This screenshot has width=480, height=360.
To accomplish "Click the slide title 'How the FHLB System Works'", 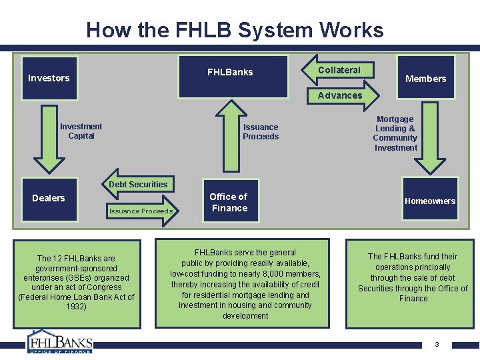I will coord(235,30).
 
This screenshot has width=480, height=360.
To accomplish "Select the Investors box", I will coord(49,78).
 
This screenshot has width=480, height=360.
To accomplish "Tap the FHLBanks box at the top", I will coord(230,72).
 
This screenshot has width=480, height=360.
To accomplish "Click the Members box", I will coord(425,78).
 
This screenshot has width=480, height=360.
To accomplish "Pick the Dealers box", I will coord(49,198).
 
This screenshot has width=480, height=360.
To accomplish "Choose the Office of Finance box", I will coord(229,202).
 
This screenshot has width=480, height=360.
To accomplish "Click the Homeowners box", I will coord(430,201).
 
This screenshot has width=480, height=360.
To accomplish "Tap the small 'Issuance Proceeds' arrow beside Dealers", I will coord(142,211).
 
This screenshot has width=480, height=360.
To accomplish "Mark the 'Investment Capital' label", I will coord(81,131).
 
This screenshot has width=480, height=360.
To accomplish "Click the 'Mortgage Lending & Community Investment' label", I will coord(395,133).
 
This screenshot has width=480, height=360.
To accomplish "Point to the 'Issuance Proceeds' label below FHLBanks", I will coord(261,131).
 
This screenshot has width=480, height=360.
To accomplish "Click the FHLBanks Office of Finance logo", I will coord(60,341).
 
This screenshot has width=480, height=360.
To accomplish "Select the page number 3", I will coord(437,345).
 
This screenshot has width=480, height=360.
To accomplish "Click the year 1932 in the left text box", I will coord(76,307).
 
